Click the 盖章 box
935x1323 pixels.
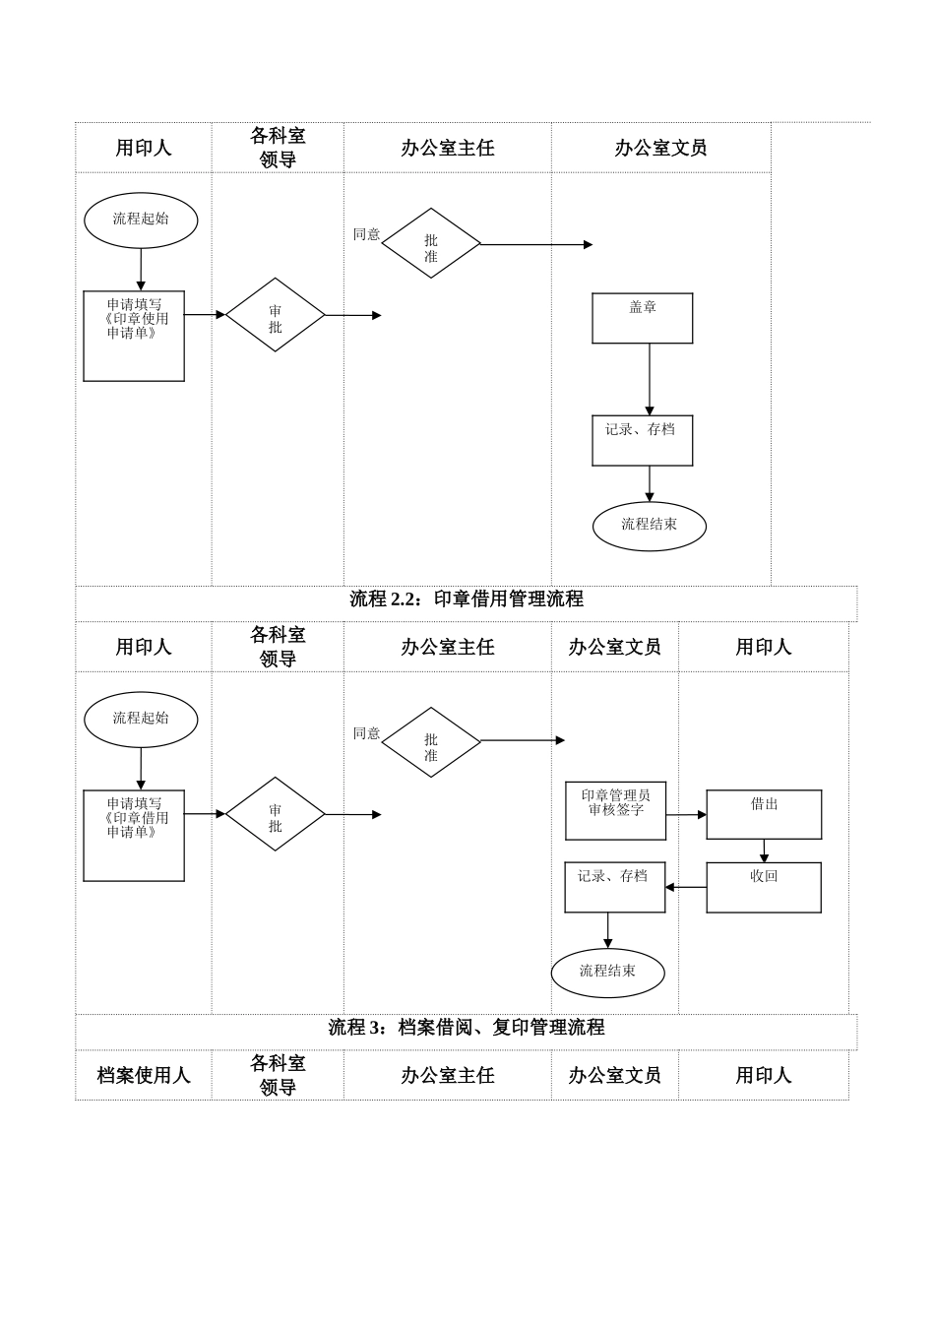coord(642,318)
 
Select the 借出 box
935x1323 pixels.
coord(764,814)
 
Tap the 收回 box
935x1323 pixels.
coord(764,887)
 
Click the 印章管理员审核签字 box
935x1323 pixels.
coord(615,810)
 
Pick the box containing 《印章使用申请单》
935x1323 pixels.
coord(134,336)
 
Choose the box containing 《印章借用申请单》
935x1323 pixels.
coord(134,835)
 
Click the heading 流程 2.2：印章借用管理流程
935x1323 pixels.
coord(467,599)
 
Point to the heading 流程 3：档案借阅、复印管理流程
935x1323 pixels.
coord(467,1028)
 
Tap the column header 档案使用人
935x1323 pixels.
coord(144,1075)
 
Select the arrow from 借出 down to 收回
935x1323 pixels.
coord(764,850)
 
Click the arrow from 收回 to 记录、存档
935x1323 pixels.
coord(686,887)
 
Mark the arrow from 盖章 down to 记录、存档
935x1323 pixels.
coord(650,379)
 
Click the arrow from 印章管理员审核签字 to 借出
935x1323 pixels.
coord(686,814)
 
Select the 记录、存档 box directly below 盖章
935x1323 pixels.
coord(642,440)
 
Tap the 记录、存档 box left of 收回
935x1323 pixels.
coord(614,887)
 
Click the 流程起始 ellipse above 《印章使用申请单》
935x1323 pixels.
coord(141,220)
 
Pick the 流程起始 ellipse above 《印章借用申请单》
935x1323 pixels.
coord(141,719)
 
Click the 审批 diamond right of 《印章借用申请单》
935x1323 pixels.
coord(276,814)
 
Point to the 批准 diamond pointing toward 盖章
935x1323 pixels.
coord(431,243)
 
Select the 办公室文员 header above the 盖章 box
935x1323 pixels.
coord(660,148)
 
